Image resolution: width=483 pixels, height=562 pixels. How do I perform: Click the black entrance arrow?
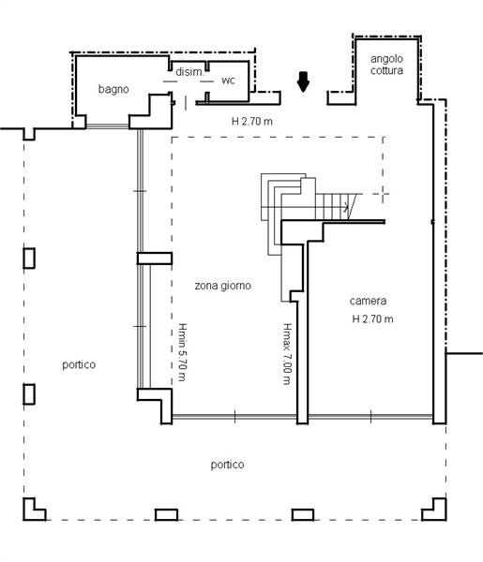(303, 81)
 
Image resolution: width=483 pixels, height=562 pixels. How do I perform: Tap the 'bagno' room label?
(113, 89)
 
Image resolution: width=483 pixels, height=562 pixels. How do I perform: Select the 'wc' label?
(228, 81)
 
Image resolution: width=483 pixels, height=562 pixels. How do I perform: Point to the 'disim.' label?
(189, 72)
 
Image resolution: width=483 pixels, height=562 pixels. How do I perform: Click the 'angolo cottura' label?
(386, 65)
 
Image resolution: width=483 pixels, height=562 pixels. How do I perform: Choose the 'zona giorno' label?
(223, 286)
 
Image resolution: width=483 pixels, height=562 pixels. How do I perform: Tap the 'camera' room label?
(368, 301)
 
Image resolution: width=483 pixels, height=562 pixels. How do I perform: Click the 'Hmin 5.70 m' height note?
(183, 352)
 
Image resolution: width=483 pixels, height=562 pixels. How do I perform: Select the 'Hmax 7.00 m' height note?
(287, 354)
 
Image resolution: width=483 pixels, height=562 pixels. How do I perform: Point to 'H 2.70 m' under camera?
(373, 318)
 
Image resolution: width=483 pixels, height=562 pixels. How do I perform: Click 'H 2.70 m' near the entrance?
(252, 121)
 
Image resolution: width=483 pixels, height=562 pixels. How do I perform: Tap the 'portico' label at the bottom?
(227, 465)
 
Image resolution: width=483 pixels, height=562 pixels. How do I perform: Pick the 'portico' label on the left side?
(79, 365)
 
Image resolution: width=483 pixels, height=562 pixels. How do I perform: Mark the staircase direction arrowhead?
(346, 207)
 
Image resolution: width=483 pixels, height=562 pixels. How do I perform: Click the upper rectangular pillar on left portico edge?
(29, 259)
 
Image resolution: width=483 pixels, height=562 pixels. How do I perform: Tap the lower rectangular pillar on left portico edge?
(29, 394)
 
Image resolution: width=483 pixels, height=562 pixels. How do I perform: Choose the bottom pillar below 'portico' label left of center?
(167, 514)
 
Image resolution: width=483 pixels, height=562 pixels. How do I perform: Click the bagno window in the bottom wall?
(108, 126)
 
